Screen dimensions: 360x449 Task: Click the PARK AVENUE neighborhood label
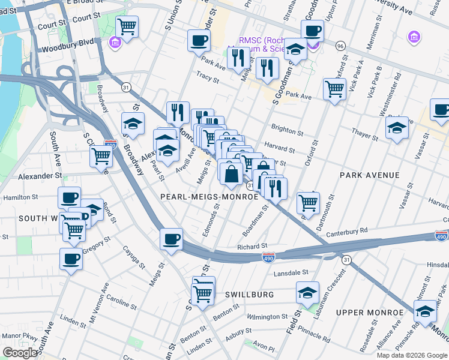[369, 175]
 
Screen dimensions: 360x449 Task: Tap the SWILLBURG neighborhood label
[249, 295]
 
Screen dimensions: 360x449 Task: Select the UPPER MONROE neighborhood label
[370, 313]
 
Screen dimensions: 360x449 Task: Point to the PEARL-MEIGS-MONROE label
[209, 196]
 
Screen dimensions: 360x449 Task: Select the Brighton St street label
[287, 127]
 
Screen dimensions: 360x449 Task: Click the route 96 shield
[340, 46]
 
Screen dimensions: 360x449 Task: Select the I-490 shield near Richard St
[268, 257]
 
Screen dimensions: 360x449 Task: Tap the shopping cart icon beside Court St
[127, 26]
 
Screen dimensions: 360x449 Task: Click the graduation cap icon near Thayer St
[396, 128]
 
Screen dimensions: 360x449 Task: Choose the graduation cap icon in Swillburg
[307, 293]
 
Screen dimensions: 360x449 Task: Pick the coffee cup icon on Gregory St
[71, 259]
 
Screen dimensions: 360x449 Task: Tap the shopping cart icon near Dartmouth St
[308, 202]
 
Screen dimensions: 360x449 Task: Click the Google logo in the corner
[20, 353]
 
